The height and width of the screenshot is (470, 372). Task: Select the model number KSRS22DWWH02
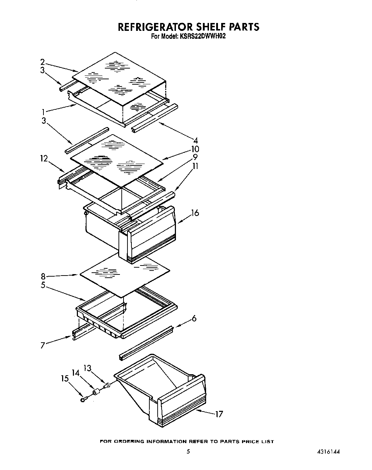tap(201, 36)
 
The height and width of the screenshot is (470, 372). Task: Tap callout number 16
tap(195, 213)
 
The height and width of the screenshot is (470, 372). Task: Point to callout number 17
tap(219, 414)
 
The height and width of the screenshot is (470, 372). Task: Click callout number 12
tap(44, 158)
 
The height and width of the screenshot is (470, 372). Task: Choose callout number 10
tap(195, 149)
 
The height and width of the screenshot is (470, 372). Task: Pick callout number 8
tap(43, 276)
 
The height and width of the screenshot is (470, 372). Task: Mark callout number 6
tap(194, 318)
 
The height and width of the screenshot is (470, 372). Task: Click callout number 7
tap(43, 345)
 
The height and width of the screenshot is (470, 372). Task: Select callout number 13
tap(88, 368)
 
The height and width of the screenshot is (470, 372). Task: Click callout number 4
tap(196, 140)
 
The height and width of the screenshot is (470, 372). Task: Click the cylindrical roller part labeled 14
tap(96, 393)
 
